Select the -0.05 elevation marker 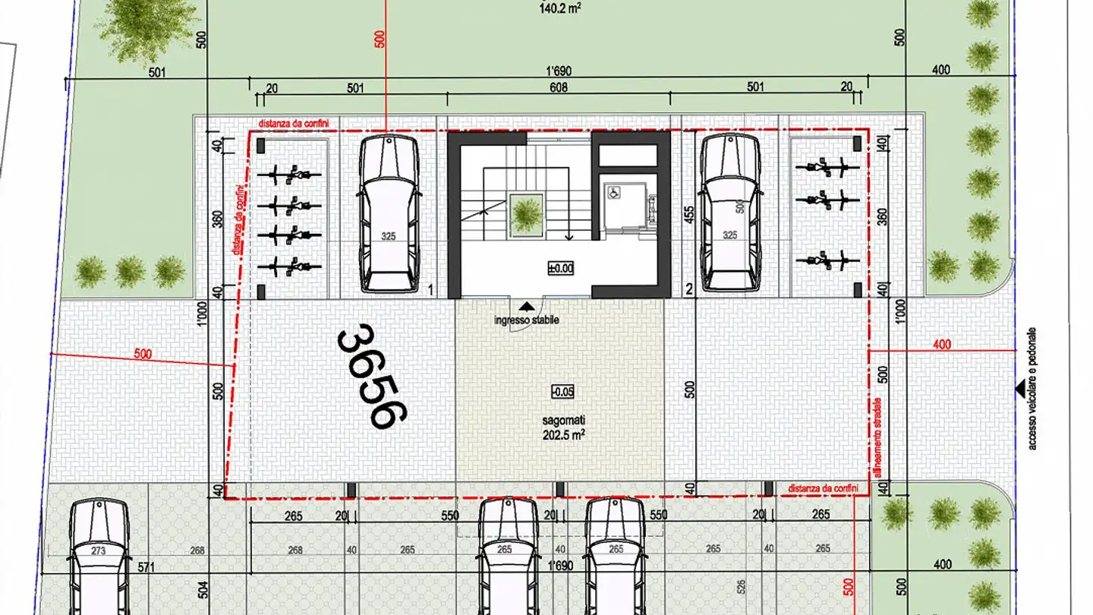point(562,392)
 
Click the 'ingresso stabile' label point(526,320)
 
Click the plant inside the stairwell point(525,213)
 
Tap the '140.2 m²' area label point(560,9)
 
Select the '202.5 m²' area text point(562,435)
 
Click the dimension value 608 point(559,88)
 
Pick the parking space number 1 point(430,289)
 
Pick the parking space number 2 point(688,289)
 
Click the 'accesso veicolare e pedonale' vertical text point(1032,389)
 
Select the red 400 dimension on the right point(941,345)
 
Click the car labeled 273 point(99,554)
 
